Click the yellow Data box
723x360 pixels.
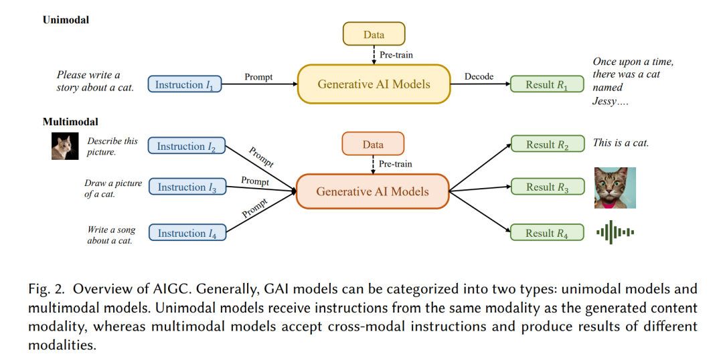click(x=374, y=33)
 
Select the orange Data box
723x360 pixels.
click(x=373, y=144)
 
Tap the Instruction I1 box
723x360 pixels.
click(x=185, y=84)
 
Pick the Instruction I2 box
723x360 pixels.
click(x=186, y=146)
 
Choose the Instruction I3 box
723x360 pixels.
click(x=186, y=187)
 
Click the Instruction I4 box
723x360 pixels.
click(x=186, y=233)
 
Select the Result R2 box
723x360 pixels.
click(x=548, y=145)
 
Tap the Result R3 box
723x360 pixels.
click(x=548, y=187)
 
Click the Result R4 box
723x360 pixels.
click(x=548, y=233)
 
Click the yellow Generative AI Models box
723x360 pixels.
click(x=374, y=84)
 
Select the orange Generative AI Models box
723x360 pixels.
click(x=373, y=191)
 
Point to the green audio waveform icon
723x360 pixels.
click(x=615, y=232)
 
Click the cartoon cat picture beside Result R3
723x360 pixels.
click(x=615, y=187)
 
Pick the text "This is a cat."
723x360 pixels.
click(x=621, y=143)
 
